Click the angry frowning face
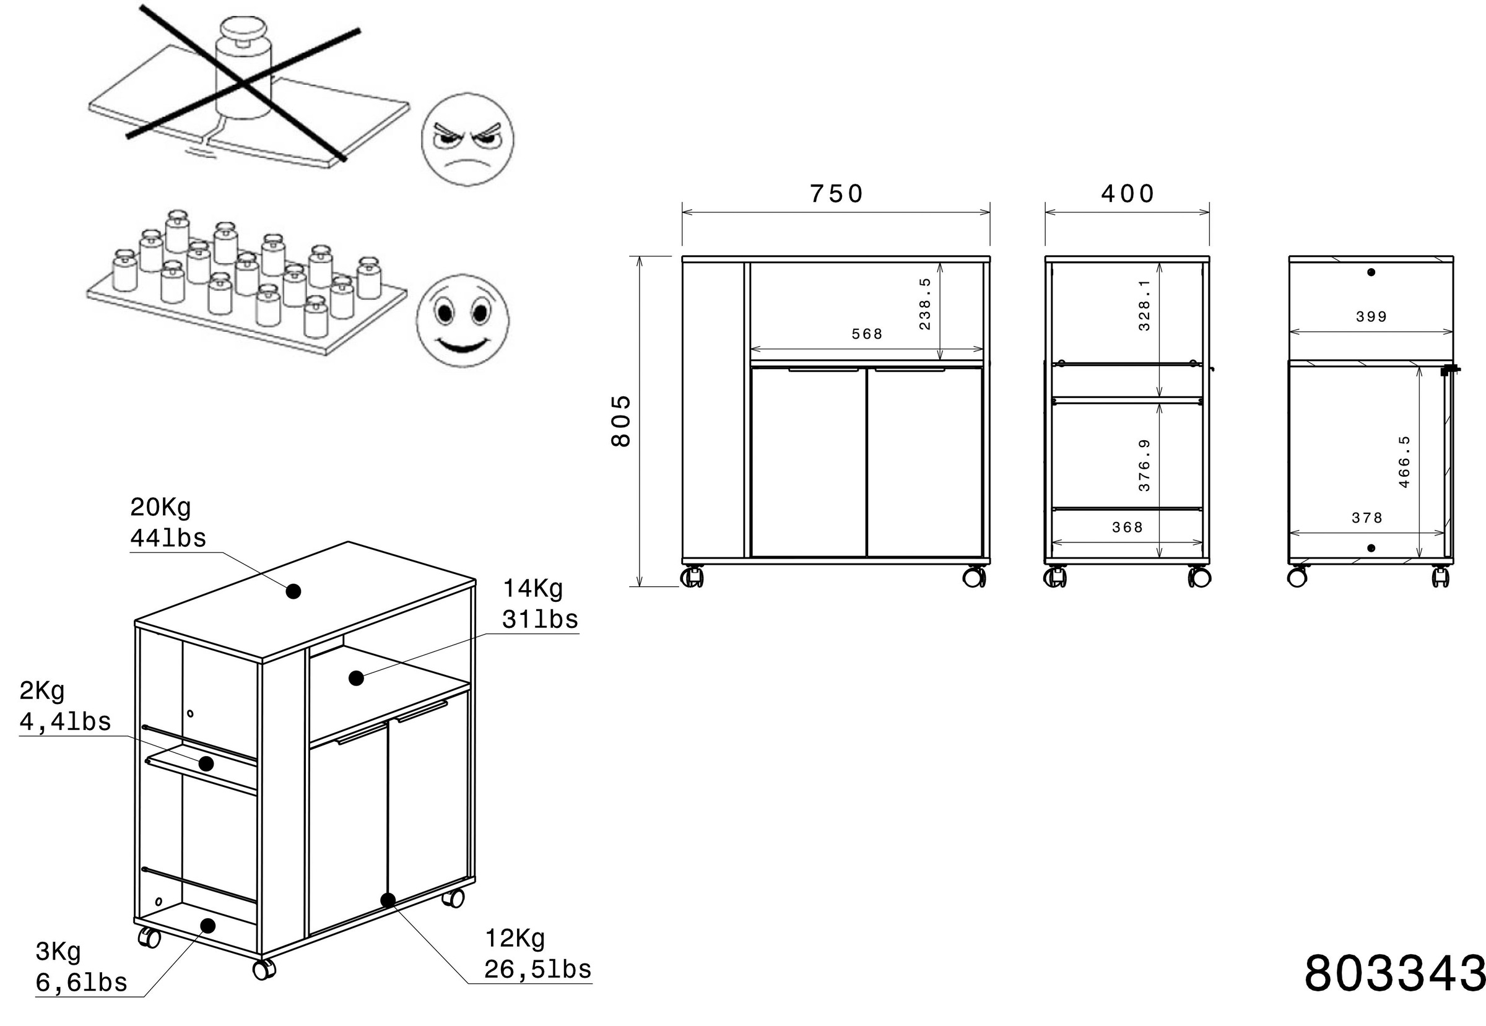pyautogui.click(x=467, y=140)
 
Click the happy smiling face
pyautogui.click(x=462, y=321)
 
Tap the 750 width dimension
pyautogui.click(x=835, y=194)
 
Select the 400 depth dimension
pyautogui.click(x=1128, y=194)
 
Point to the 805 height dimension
pyautogui.click(x=621, y=421)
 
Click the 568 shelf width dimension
pyautogui.click(x=866, y=334)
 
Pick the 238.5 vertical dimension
pyautogui.click(x=924, y=304)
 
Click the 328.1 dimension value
pyautogui.click(x=1144, y=305)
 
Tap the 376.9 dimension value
pyautogui.click(x=1144, y=466)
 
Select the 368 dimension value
pyautogui.click(x=1128, y=527)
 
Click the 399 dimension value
pyautogui.click(x=1371, y=316)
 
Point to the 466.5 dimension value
pyautogui.click(x=1404, y=461)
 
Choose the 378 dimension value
pyautogui.click(x=1367, y=518)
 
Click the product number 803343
pyautogui.click(x=1394, y=973)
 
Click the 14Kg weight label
pyautogui.click(x=532, y=588)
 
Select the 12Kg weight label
pyautogui.click(x=515, y=939)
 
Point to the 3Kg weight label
pyautogui.click(x=58, y=951)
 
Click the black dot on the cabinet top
pyautogui.click(x=293, y=591)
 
